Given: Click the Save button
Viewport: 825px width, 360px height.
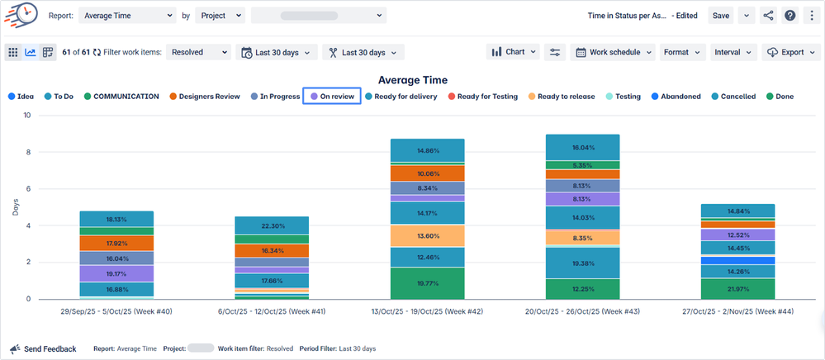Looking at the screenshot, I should [x=721, y=16].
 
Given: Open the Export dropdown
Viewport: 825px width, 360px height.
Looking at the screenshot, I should [x=790, y=52].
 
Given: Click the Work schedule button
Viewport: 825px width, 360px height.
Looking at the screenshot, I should [x=614, y=52].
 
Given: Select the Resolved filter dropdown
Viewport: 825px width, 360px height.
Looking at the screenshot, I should [x=199, y=52].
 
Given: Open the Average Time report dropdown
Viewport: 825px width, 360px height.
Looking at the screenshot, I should [x=128, y=16].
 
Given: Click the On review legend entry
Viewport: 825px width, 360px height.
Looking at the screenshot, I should [x=332, y=97].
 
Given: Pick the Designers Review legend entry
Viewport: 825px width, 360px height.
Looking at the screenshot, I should [x=204, y=97].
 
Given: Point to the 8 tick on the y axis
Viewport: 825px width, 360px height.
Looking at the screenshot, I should [x=28, y=152].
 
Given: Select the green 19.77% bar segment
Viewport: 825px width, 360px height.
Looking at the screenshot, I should [x=428, y=283].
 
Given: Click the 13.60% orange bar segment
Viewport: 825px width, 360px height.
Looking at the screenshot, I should [x=428, y=236].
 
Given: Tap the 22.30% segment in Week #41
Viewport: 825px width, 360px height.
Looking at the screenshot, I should [x=249, y=226].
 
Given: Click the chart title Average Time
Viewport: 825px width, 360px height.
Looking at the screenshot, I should [x=412, y=80].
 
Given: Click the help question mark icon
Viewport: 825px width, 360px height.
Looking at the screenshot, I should [x=789, y=16].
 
